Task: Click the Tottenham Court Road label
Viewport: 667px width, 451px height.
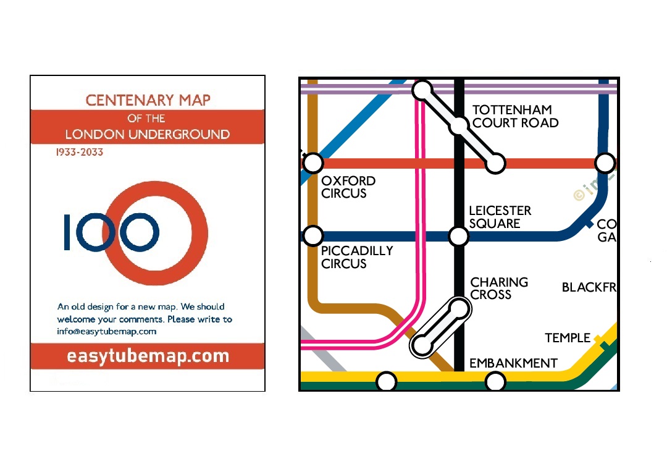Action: [515, 116]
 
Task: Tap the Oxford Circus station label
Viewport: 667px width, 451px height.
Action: [348, 187]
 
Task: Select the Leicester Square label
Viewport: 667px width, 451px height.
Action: [500, 217]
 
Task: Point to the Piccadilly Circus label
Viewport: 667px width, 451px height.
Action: [356, 257]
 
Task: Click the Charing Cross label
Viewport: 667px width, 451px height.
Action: [499, 288]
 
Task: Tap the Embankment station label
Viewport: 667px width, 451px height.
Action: [513, 363]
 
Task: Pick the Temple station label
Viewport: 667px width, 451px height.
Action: [568, 338]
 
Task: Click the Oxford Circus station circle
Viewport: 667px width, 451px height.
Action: [314, 163]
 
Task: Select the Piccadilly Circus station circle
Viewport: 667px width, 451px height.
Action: [314, 235]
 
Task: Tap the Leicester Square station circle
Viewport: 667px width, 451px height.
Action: [459, 235]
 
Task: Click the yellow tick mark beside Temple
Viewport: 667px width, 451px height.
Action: [598, 339]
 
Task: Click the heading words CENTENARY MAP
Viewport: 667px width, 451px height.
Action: [148, 100]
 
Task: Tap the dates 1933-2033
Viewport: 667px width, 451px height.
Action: [80, 152]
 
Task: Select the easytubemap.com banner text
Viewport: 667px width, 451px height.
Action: [148, 356]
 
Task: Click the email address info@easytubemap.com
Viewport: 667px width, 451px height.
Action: [107, 331]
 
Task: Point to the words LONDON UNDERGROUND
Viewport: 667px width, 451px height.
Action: [148, 134]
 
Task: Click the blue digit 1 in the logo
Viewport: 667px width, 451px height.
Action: [69, 232]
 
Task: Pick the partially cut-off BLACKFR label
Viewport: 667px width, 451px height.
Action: [589, 287]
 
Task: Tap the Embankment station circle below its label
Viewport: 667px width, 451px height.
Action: [495, 382]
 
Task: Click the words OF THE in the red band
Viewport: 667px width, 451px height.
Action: [146, 118]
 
